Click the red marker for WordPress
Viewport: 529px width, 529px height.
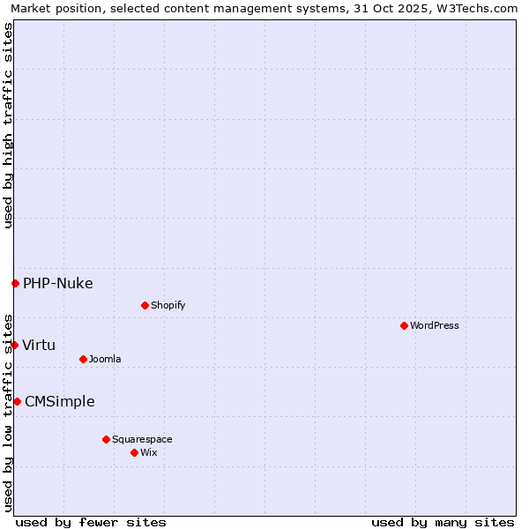404,325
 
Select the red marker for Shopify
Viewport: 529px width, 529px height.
145,305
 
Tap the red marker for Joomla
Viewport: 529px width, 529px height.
83,359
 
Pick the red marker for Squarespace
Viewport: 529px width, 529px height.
106,439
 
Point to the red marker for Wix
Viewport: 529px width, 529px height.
134,452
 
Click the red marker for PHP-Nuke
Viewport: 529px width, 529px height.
15,283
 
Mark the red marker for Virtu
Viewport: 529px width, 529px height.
14,345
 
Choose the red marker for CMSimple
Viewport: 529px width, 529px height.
17,401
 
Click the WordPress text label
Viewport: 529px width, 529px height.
435,325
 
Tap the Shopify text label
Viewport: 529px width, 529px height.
168,305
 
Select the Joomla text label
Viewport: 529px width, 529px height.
105,359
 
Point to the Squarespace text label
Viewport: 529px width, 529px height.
142,439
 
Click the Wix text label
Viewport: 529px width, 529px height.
149,452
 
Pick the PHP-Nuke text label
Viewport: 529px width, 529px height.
58,283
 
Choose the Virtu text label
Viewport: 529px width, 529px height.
39,345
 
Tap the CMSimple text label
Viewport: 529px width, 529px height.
60,401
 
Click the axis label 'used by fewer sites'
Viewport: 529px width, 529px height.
91,522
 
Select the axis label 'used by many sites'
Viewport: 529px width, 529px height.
443,522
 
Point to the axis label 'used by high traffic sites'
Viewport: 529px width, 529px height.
8,125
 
